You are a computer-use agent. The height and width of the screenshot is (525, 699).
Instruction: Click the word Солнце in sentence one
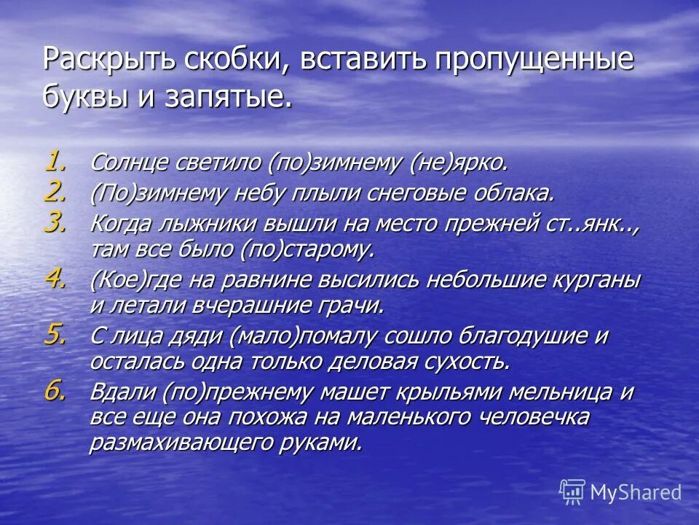pos(130,163)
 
